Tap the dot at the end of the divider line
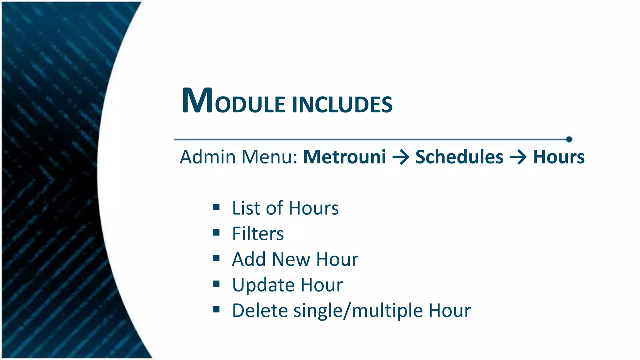(x=569, y=139)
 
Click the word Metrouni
(x=345, y=157)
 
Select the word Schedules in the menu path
(x=459, y=157)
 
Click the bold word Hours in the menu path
(x=559, y=157)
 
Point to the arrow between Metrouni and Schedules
(x=401, y=157)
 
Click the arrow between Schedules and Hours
(x=518, y=157)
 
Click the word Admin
(x=208, y=157)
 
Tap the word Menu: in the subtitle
(x=269, y=157)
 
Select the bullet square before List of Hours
(x=216, y=207)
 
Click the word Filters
(x=258, y=234)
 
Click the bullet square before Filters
(x=216, y=232)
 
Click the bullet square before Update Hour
(x=216, y=284)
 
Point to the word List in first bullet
(x=246, y=208)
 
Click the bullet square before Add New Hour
(x=216, y=258)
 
